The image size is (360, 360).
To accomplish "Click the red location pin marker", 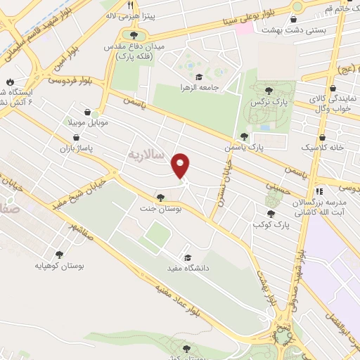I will point(181,165).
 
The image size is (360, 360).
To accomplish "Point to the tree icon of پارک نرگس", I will point(269,90).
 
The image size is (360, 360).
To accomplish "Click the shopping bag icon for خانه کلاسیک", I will point(322,138).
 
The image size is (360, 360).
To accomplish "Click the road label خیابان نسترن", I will point(218,189).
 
